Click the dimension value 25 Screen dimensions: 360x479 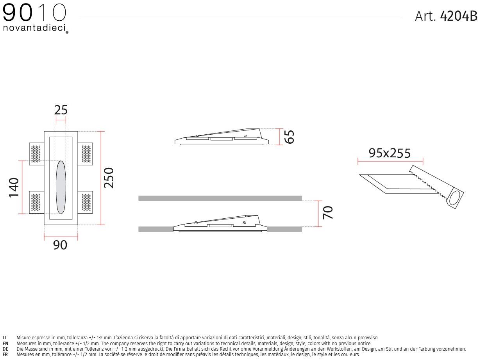[x=61, y=110]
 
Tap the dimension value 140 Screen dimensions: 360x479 [x=14, y=187]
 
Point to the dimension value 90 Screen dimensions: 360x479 [x=60, y=245]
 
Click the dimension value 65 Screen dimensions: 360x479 [x=289, y=137]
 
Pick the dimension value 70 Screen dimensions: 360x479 [x=328, y=212]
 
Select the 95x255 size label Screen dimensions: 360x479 [x=390, y=153]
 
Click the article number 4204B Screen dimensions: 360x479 [x=459, y=16]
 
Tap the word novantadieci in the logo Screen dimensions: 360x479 [x=34, y=29]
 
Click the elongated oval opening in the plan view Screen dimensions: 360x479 [x=61, y=187]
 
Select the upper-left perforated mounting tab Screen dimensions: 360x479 [x=35, y=153]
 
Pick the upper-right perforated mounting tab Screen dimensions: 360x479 [x=86, y=153]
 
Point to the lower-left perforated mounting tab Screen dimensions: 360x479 [x=35, y=202]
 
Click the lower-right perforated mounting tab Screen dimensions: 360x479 [x=86, y=202]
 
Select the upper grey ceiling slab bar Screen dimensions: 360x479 [x=220, y=198]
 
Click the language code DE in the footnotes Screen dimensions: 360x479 [x=5, y=349]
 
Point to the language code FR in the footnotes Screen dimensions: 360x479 [x=5, y=355]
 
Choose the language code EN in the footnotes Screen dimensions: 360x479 [x=5, y=343]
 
